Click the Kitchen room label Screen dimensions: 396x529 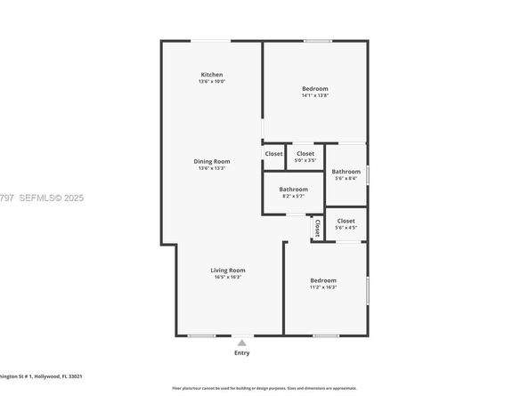click(x=211, y=75)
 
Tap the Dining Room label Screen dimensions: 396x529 click(x=211, y=161)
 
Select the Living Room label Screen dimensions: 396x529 click(x=228, y=270)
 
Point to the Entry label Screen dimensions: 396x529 click(x=241, y=353)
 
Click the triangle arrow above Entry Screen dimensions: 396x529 click(x=241, y=342)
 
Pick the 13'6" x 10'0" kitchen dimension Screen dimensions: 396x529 click(x=211, y=82)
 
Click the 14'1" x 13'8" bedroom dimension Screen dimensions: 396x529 click(x=314, y=96)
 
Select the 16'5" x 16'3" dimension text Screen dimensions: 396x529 click(x=228, y=277)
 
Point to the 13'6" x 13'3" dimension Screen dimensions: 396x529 click(x=211, y=168)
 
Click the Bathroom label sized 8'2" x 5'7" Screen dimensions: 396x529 click(x=293, y=189)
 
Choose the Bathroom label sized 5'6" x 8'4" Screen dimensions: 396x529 click(x=346, y=171)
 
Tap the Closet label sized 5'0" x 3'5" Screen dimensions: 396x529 click(x=305, y=153)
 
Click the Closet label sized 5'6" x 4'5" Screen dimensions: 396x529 click(x=346, y=221)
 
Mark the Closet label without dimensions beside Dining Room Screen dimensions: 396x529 click(x=273, y=153)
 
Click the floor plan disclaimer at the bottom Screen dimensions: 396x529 click(x=264, y=388)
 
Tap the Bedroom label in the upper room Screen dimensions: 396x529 click(x=314, y=89)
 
